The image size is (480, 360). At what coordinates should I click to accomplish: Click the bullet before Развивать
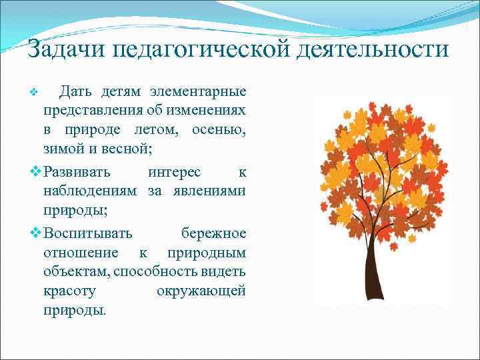(37, 171)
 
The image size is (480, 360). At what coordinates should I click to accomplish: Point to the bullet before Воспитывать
(37, 233)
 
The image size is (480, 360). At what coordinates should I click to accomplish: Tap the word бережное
(213, 233)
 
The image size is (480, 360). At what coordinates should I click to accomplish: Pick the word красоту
(69, 291)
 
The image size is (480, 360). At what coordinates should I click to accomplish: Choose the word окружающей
(201, 291)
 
